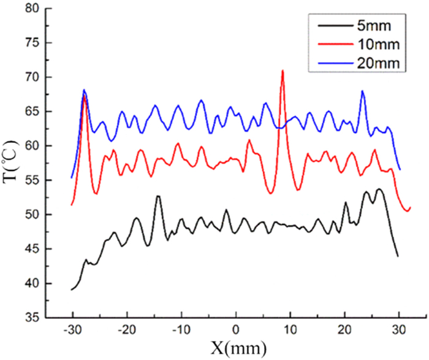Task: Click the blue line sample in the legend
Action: (x=332, y=63)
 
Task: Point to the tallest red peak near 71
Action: (x=283, y=71)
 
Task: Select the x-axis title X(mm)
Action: (x=235, y=349)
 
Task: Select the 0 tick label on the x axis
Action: (x=235, y=331)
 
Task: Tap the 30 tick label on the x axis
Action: (x=399, y=331)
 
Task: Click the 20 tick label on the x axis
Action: (x=344, y=331)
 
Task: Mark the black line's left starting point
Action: (x=72, y=289)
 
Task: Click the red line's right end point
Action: (x=410, y=207)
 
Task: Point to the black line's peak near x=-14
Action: (x=158, y=196)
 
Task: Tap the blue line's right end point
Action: (x=400, y=169)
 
